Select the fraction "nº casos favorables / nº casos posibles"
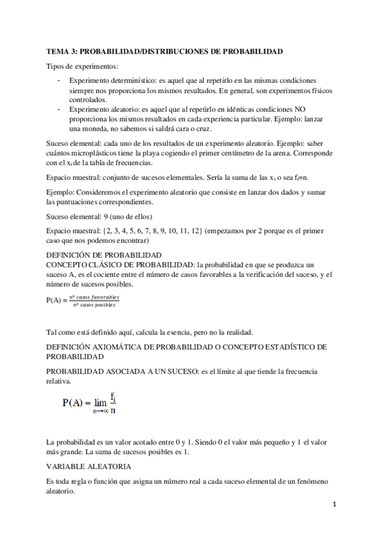pos(95,300)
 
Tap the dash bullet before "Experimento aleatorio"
pos(60,109)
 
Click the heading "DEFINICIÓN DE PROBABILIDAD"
pos(99,255)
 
